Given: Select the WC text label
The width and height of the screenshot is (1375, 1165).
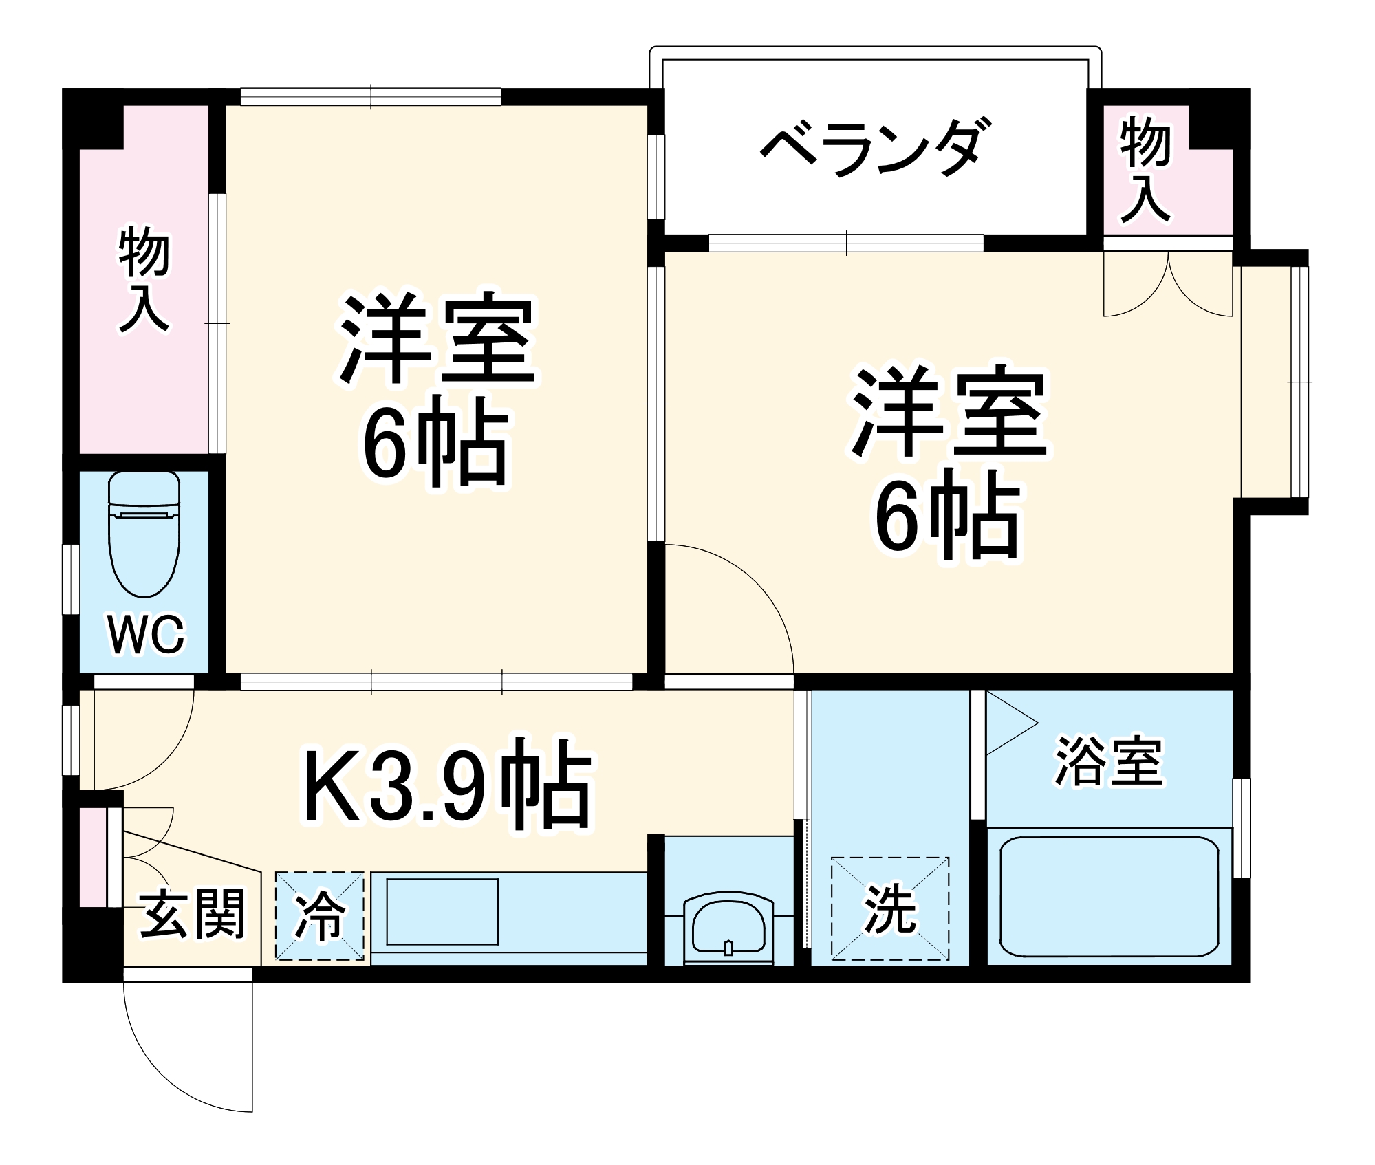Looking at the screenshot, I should tap(146, 634).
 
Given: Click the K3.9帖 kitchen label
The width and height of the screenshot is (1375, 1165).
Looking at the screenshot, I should tap(447, 784).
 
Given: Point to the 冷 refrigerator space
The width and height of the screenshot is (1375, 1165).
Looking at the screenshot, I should tap(319, 915).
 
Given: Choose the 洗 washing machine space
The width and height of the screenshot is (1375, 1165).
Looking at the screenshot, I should tap(889, 908).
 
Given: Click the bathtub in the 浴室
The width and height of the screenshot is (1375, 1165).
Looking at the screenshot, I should tap(1108, 896).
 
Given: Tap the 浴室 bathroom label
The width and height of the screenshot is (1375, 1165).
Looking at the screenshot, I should tap(1109, 762).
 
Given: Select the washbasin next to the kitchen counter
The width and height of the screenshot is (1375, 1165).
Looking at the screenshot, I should tap(728, 926).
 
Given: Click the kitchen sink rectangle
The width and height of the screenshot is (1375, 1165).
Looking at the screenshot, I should tap(442, 911).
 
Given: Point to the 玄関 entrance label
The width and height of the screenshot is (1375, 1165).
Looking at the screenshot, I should tap(193, 914).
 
